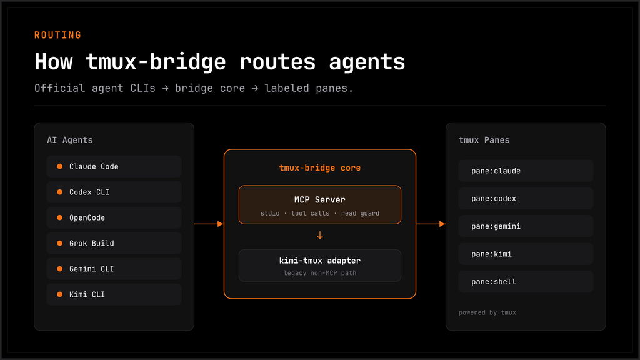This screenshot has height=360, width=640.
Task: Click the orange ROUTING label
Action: point(57,35)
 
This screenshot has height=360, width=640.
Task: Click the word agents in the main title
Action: point(367,62)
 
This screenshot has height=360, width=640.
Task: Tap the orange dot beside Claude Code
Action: point(59,166)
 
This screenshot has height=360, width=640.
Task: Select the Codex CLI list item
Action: point(114,192)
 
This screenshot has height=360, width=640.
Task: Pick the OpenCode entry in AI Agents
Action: point(114,217)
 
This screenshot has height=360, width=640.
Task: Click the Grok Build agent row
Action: point(114,243)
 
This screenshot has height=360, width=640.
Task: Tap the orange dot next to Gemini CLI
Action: point(59,269)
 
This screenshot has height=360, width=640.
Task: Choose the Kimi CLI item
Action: point(114,294)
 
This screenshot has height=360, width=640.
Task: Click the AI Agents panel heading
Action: point(70,140)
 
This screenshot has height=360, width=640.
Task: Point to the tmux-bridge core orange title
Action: point(319,167)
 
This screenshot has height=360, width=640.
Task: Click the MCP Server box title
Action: point(319,199)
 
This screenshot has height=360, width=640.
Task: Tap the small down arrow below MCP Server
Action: point(320,235)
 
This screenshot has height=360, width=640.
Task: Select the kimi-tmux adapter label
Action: point(319,261)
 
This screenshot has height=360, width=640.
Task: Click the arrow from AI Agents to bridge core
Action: point(209,224)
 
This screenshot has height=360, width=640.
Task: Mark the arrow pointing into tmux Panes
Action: point(431,224)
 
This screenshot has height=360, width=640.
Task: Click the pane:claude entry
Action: point(526,171)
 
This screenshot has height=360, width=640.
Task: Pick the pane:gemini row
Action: point(526,226)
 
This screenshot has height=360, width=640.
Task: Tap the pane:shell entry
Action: point(526,282)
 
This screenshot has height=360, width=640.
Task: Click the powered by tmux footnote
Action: point(487,312)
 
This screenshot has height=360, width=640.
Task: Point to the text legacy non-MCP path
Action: point(319,273)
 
